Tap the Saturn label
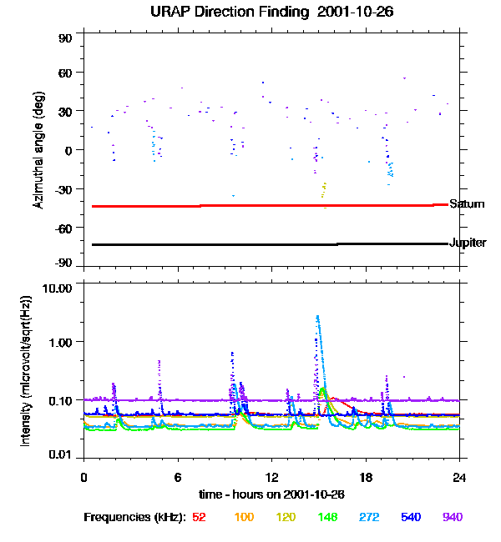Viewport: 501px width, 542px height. pyautogui.click(x=466, y=204)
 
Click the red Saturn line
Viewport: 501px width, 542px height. pyautogui.click(x=250, y=205)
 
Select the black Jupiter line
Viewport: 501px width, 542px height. pyautogui.click(x=250, y=244)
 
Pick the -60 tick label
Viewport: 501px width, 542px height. pyautogui.click(x=64, y=228)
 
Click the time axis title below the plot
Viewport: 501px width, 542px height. pyautogui.click(x=272, y=494)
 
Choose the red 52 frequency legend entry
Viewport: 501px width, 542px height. pyautogui.click(x=199, y=518)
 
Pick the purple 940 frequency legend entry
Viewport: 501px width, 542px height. pyautogui.click(x=453, y=518)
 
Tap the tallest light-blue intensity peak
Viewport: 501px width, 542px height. pyautogui.click(x=318, y=317)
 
